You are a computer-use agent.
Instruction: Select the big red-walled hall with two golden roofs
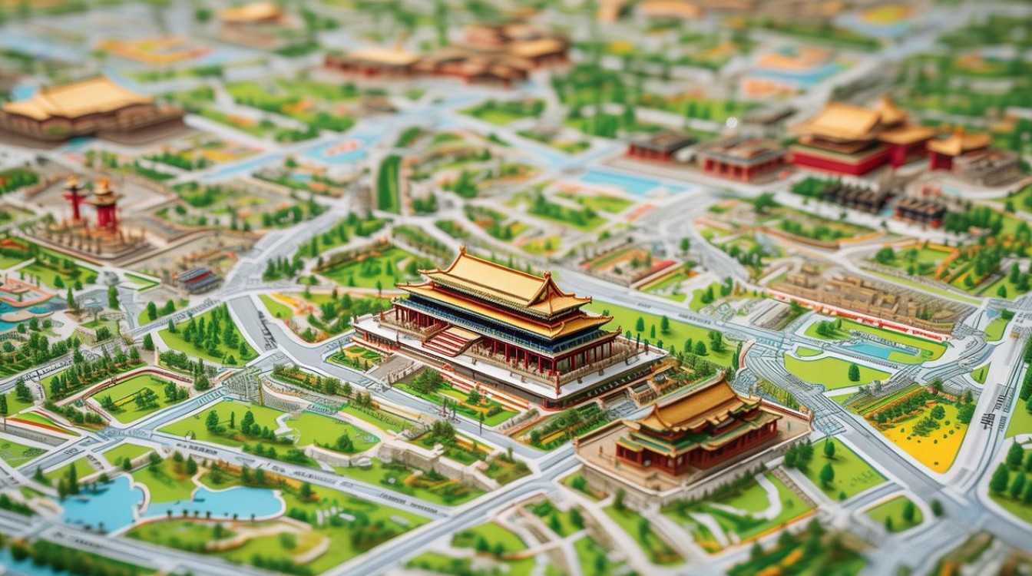pos(852,138)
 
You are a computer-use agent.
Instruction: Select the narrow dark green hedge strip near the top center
pos(389,184)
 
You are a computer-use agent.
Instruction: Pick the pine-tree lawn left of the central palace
pos(207,338)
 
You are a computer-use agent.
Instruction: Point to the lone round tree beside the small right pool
pos(853,372)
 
